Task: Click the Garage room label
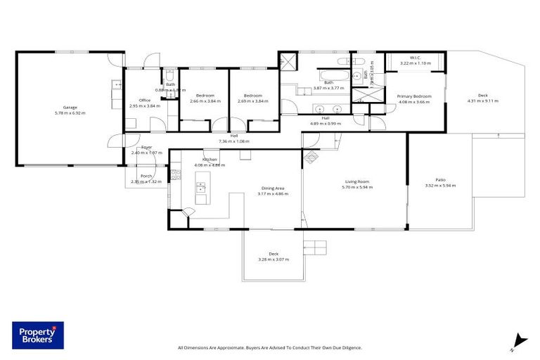pos(70,108)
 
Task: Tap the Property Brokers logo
pos(38,336)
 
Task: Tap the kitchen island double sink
pos(201,188)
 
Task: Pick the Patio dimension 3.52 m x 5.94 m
pos(440,186)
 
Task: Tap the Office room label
pos(145,100)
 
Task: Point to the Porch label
pos(146,176)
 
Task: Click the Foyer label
pos(146,147)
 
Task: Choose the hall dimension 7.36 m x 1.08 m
pos(233,141)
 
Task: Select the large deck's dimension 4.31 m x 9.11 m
pos(482,101)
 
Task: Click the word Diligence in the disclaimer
pos(349,347)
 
